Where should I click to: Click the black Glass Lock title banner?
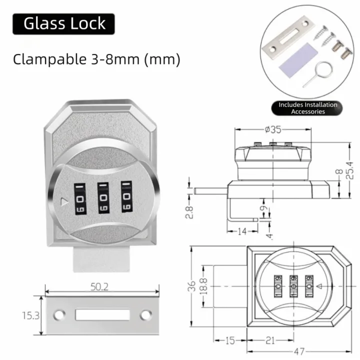[x=63, y=24]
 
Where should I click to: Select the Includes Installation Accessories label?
[x=308, y=108]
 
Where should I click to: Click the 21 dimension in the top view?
[x=269, y=340]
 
